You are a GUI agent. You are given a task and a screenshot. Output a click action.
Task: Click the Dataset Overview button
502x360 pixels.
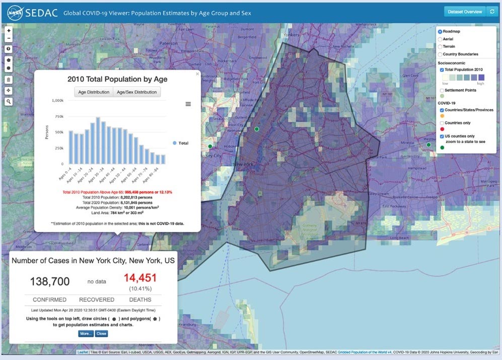(464, 12)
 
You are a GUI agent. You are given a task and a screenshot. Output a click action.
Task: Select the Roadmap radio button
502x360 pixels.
(440, 32)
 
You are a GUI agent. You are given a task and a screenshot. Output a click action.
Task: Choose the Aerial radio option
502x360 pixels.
(440, 39)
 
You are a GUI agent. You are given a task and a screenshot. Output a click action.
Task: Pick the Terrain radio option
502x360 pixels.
(440, 46)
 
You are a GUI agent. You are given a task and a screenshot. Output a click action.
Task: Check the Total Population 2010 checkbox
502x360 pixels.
(442, 69)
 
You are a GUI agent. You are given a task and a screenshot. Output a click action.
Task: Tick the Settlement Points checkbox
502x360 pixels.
(442, 91)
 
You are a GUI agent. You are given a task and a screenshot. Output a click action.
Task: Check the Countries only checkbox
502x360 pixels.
(442, 123)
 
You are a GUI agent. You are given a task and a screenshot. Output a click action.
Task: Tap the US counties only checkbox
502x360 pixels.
(442, 136)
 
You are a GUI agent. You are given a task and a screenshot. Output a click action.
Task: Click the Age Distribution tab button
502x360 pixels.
(94, 92)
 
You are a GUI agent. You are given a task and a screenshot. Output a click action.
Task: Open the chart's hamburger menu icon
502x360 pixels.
(188, 104)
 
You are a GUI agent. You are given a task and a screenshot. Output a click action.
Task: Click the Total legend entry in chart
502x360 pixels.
(180, 143)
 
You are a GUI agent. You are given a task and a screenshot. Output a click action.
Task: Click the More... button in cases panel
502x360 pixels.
(86, 333)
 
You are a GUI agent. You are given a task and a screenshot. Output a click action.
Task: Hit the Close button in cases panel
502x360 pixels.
(101, 333)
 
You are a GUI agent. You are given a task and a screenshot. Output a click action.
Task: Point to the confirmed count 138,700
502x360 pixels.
(50, 281)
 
